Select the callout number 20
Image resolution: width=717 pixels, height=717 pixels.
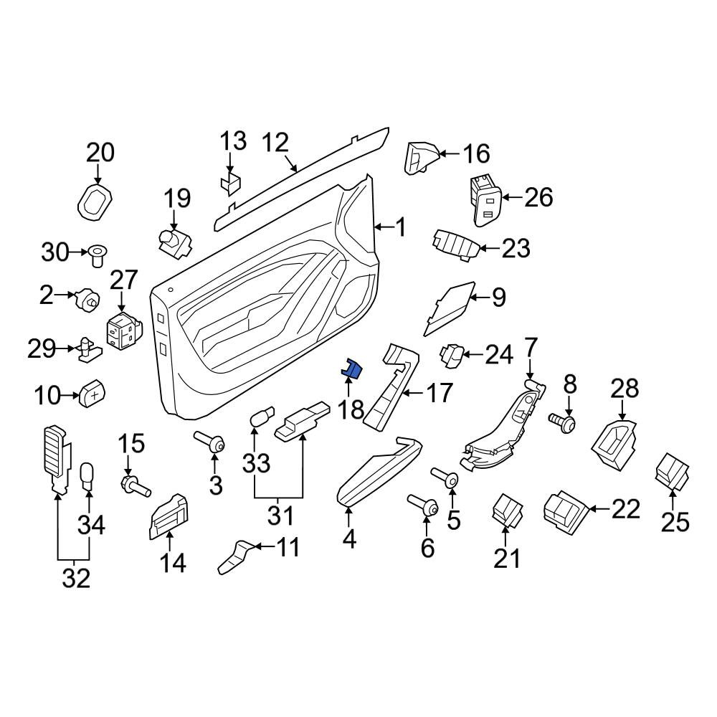pos(100,153)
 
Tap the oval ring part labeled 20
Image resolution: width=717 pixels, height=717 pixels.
pos(95,201)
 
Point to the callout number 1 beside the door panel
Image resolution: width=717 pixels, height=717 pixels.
pos(400,227)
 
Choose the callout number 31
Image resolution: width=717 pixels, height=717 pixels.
pos(280,516)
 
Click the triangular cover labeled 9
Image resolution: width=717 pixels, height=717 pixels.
pos(450,308)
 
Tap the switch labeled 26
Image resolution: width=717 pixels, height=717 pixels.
pos(485,200)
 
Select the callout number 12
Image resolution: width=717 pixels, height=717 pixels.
pos(276,143)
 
